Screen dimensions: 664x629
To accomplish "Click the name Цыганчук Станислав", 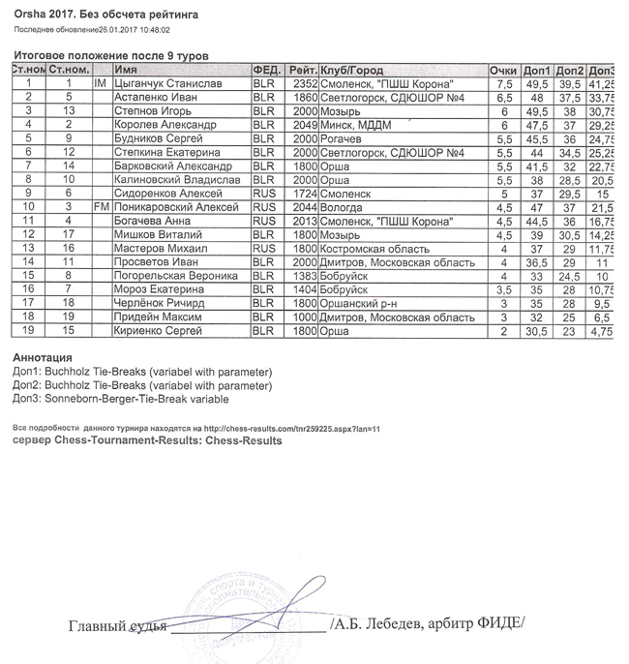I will click(162, 84).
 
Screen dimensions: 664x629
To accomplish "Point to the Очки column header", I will click(503, 71).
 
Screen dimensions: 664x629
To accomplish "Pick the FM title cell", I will click(99, 206).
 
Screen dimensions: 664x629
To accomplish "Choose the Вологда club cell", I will click(342, 206).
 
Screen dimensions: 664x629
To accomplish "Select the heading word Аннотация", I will click(41, 357).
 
